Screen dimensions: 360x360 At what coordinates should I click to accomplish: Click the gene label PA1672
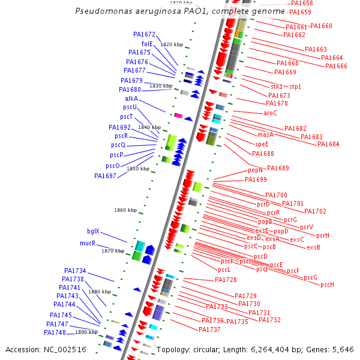pos(144,35)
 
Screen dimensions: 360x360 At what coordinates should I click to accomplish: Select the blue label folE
pos(147,44)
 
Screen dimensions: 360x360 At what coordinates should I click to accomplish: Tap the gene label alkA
pos(131,98)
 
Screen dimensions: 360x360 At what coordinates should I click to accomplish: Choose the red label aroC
pos(270,113)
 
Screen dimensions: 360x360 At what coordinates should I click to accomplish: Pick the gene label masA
pos(265,135)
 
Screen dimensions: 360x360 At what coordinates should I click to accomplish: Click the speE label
pos(262,145)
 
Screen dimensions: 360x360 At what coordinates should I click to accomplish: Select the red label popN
pos(256,170)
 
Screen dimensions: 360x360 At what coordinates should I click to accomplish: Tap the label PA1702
pos(315,211)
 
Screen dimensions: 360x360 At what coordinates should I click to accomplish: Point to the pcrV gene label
pos(306,227)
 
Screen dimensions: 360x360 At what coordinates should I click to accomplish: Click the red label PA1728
pos(226,280)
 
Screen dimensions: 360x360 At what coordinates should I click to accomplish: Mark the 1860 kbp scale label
pos(125,210)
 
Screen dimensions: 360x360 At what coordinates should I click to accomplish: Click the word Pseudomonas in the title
pos(103,12)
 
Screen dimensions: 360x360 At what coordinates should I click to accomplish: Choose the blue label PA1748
pos(55,332)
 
